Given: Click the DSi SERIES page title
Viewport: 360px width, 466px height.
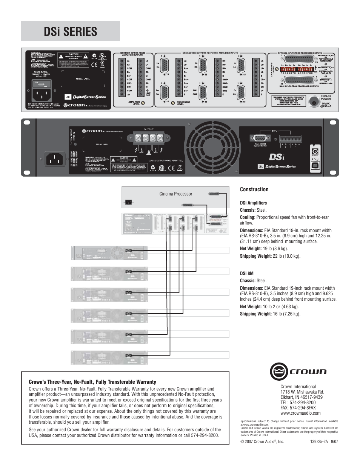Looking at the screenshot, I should coord(70,32).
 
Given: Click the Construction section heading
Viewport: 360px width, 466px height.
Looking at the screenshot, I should coord(254,189).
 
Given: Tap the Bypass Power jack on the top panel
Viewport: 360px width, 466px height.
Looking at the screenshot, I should coord(313,101).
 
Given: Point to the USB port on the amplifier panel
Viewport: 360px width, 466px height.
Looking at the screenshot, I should coord(315,165).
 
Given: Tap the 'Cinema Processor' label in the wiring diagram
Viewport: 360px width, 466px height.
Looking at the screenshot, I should coord(175,194).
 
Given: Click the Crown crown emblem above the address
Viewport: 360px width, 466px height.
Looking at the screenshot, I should coord(279,371).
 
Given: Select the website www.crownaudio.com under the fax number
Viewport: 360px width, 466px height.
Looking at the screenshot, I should coord(300,413).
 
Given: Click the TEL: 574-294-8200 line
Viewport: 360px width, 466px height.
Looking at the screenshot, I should coord(298,403).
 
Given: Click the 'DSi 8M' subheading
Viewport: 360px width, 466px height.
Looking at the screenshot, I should coord(246,274).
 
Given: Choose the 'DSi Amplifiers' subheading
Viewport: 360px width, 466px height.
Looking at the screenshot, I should coord(253,203).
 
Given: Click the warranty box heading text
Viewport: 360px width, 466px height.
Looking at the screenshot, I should coord(92,382).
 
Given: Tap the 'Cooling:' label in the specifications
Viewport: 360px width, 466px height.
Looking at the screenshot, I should coord(248,217).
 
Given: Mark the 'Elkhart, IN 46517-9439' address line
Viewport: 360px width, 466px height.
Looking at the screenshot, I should coord(301,397).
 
